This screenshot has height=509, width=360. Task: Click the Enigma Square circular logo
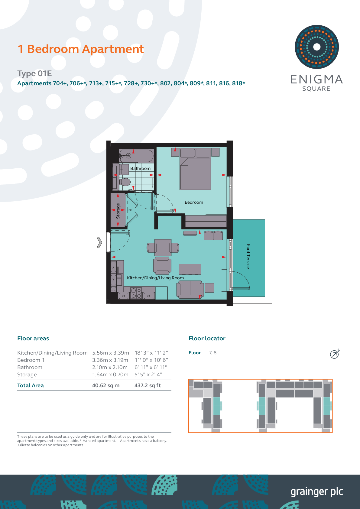click(x=316, y=47)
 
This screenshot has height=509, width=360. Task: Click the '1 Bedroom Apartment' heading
click(x=81, y=49)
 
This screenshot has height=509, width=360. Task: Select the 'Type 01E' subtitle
click(x=34, y=73)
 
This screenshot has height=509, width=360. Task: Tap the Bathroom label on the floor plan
click(x=140, y=168)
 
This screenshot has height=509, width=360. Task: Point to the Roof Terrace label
click(x=248, y=256)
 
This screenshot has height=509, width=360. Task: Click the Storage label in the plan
click(x=118, y=211)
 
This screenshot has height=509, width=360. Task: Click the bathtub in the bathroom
click(x=136, y=156)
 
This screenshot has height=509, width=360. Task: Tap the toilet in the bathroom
click(x=125, y=182)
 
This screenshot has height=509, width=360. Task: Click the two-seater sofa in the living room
click(x=190, y=289)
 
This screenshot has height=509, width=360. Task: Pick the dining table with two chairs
click(x=163, y=248)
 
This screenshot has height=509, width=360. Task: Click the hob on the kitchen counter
click(x=136, y=293)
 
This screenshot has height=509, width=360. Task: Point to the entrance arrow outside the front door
click(x=99, y=242)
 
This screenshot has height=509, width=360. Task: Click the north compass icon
click(x=335, y=354)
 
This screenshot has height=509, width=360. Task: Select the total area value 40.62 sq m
click(x=106, y=385)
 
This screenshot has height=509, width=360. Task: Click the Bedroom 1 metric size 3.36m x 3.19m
click(x=110, y=360)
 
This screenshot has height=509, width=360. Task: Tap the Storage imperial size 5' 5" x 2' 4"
click(x=148, y=374)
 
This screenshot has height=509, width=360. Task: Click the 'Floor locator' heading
click(x=207, y=338)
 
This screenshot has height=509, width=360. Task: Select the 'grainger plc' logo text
click(x=316, y=492)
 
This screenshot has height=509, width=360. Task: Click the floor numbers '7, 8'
click(x=213, y=353)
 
